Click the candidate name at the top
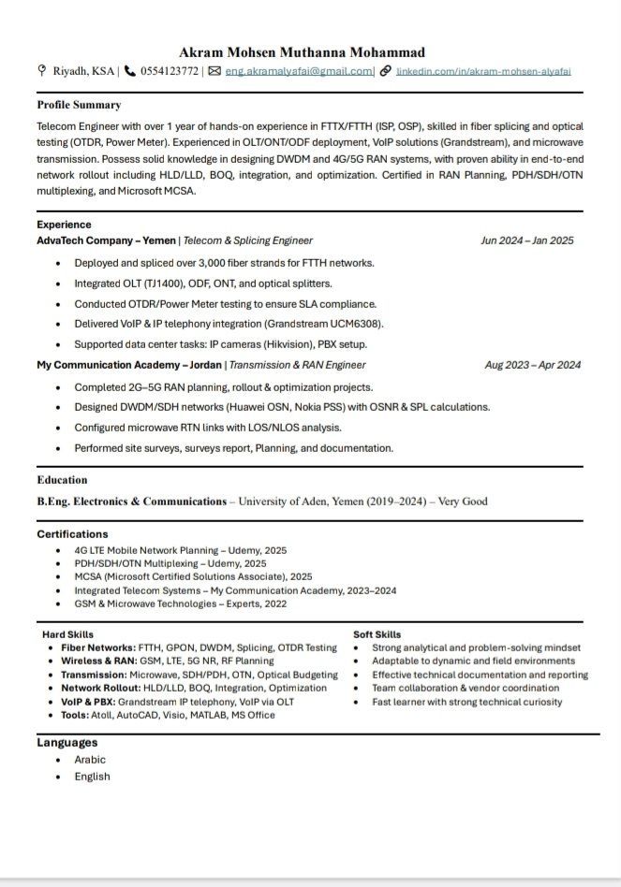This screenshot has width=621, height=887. [302, 52]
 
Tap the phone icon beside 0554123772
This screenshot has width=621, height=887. [130, 71]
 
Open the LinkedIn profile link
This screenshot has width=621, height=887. [483, 71]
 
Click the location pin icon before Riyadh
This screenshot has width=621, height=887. [41, 71]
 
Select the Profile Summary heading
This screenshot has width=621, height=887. [79, 105]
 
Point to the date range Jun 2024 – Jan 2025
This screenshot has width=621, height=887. [526, 240]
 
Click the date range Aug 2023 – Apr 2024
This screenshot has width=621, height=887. [532, 365]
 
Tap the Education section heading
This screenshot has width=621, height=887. [62, 480]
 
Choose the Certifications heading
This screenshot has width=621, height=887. [73, 534]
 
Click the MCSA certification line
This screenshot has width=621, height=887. [193, 577]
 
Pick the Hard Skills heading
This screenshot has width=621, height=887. [68, 634]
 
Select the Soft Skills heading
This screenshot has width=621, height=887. [377, 634]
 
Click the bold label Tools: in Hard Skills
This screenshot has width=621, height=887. [75, 715]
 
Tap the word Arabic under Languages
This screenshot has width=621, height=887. [90, 760]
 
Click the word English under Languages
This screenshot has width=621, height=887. [92, 777]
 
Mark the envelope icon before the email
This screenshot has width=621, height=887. [214, 71]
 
